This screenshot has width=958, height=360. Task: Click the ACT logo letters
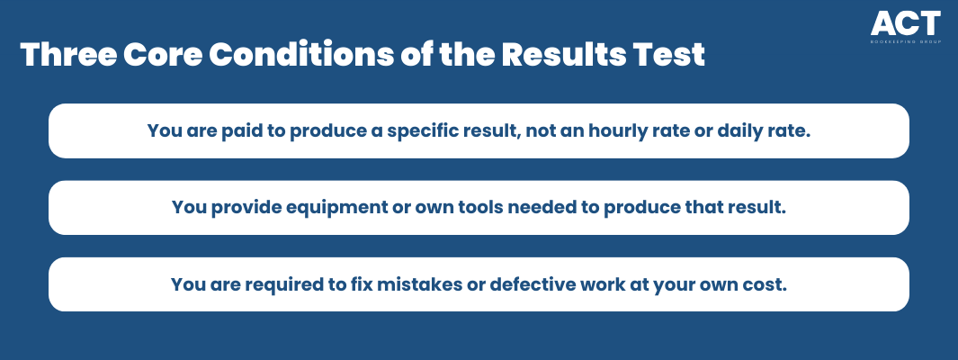(x=906, y=23)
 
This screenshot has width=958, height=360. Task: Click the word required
(x=266, y=284)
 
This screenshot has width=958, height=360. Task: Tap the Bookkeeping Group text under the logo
(x=906, y=43)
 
